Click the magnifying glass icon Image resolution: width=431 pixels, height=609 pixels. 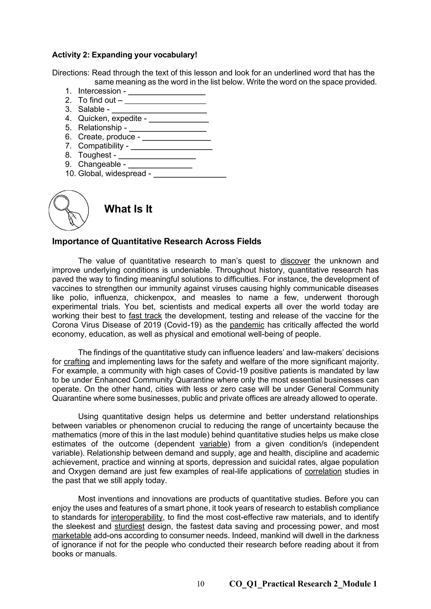[x=68, y=210]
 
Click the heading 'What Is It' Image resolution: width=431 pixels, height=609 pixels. [x=128, y=209]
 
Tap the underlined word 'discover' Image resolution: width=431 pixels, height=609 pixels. [x=295, y=261]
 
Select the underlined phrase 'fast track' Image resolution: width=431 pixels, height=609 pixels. [x=145, y=316]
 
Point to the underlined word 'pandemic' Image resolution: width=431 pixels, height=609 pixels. [x=247, y=325]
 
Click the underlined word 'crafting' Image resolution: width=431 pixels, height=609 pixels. [x=77, y=362]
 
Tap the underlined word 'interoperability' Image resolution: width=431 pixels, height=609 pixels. [x=137, y=517]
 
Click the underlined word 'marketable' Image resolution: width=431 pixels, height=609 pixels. [x=72, y=536]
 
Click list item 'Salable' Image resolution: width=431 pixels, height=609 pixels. [x=91, y=109]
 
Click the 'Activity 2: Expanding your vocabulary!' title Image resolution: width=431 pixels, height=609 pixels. [x=124, y=55]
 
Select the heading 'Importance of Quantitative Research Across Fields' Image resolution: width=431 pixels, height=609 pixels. [x=157, y=241]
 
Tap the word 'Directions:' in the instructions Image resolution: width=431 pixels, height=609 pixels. [x=71, y=73]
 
